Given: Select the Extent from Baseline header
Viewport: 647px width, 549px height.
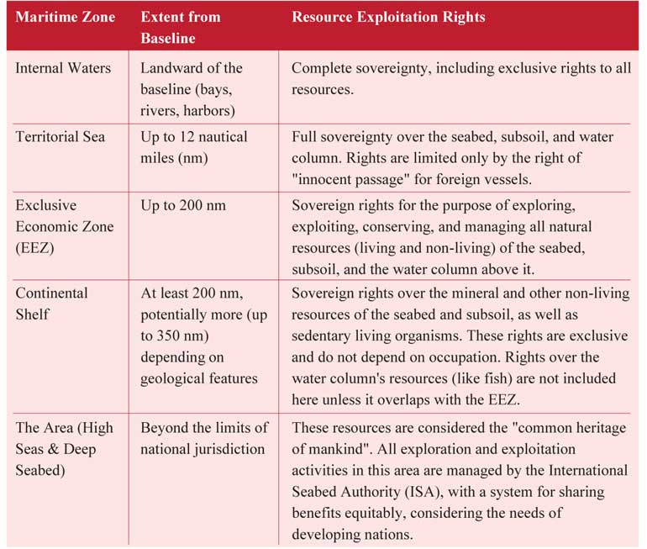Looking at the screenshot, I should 181,27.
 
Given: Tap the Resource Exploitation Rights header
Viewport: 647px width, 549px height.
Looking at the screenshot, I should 388,17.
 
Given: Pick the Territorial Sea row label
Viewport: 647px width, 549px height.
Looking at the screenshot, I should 60,136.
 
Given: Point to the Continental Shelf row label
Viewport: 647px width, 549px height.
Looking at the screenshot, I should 51,303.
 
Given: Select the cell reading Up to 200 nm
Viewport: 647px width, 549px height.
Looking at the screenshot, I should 183,205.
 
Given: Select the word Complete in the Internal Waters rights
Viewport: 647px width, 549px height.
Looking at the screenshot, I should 321,68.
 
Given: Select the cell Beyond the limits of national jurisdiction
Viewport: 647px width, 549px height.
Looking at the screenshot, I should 204,439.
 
